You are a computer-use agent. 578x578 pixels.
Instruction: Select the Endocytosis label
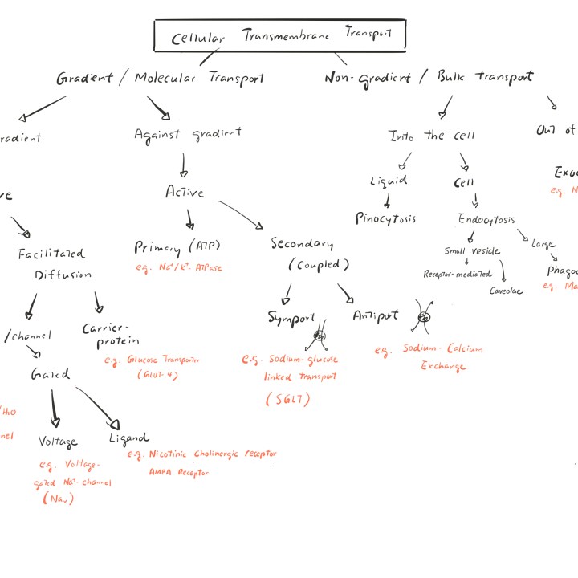[486, 219]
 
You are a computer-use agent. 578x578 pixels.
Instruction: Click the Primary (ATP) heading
[177, 246]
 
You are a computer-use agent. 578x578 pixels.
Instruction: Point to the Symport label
[291, 318]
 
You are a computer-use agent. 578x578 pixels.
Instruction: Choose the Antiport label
[375, 315]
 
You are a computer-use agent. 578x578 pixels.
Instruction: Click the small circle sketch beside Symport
[320, 336]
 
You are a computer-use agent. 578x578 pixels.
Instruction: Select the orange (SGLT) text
[288, 399]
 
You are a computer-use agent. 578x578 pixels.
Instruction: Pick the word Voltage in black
[58, 442]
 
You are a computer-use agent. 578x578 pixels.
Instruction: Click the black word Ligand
[128, 438]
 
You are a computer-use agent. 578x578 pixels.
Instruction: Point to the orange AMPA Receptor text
[178, 472]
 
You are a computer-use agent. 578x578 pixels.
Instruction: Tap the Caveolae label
[506, 291]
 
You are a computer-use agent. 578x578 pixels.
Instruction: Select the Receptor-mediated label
[458, 274]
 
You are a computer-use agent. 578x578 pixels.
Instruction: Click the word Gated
[50, 374]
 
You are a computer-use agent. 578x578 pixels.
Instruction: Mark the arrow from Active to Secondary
[240, 214]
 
